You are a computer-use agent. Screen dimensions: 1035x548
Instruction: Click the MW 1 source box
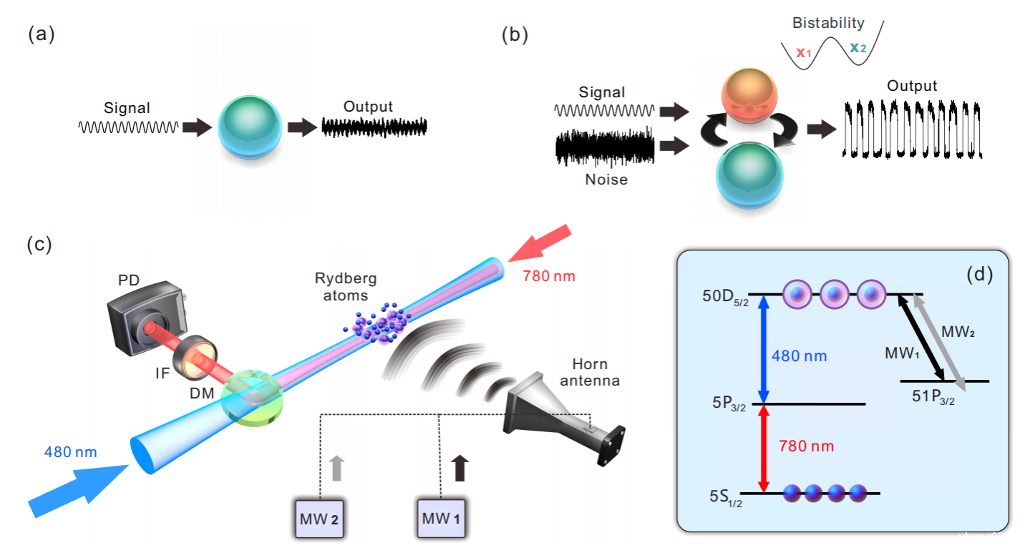[x=441, y=519]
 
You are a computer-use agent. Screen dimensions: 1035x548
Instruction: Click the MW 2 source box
[x=319, y=519]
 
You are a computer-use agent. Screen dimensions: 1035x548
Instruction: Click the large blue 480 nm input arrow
[x=78, y=489]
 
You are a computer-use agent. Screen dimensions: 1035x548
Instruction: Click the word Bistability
[x=828, y=23]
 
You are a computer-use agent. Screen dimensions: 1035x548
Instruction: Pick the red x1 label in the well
[x=804, y=52]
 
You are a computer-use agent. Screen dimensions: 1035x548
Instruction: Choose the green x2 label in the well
[x=857, y=47]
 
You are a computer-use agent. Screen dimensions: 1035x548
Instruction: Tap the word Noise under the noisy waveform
[x=606, y=179]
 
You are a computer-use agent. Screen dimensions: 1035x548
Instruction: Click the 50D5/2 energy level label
[x=725, y=297]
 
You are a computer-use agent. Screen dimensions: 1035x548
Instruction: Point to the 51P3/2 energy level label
[x=933, y=396]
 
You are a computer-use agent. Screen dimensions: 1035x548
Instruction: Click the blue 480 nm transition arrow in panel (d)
[x=763, y=350]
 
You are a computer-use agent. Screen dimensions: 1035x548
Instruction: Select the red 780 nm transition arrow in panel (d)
[x=763, y=449]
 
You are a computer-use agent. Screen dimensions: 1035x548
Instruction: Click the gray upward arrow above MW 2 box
[x=337, y=468]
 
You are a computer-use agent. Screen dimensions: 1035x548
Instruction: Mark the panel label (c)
[x=39, y=244]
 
